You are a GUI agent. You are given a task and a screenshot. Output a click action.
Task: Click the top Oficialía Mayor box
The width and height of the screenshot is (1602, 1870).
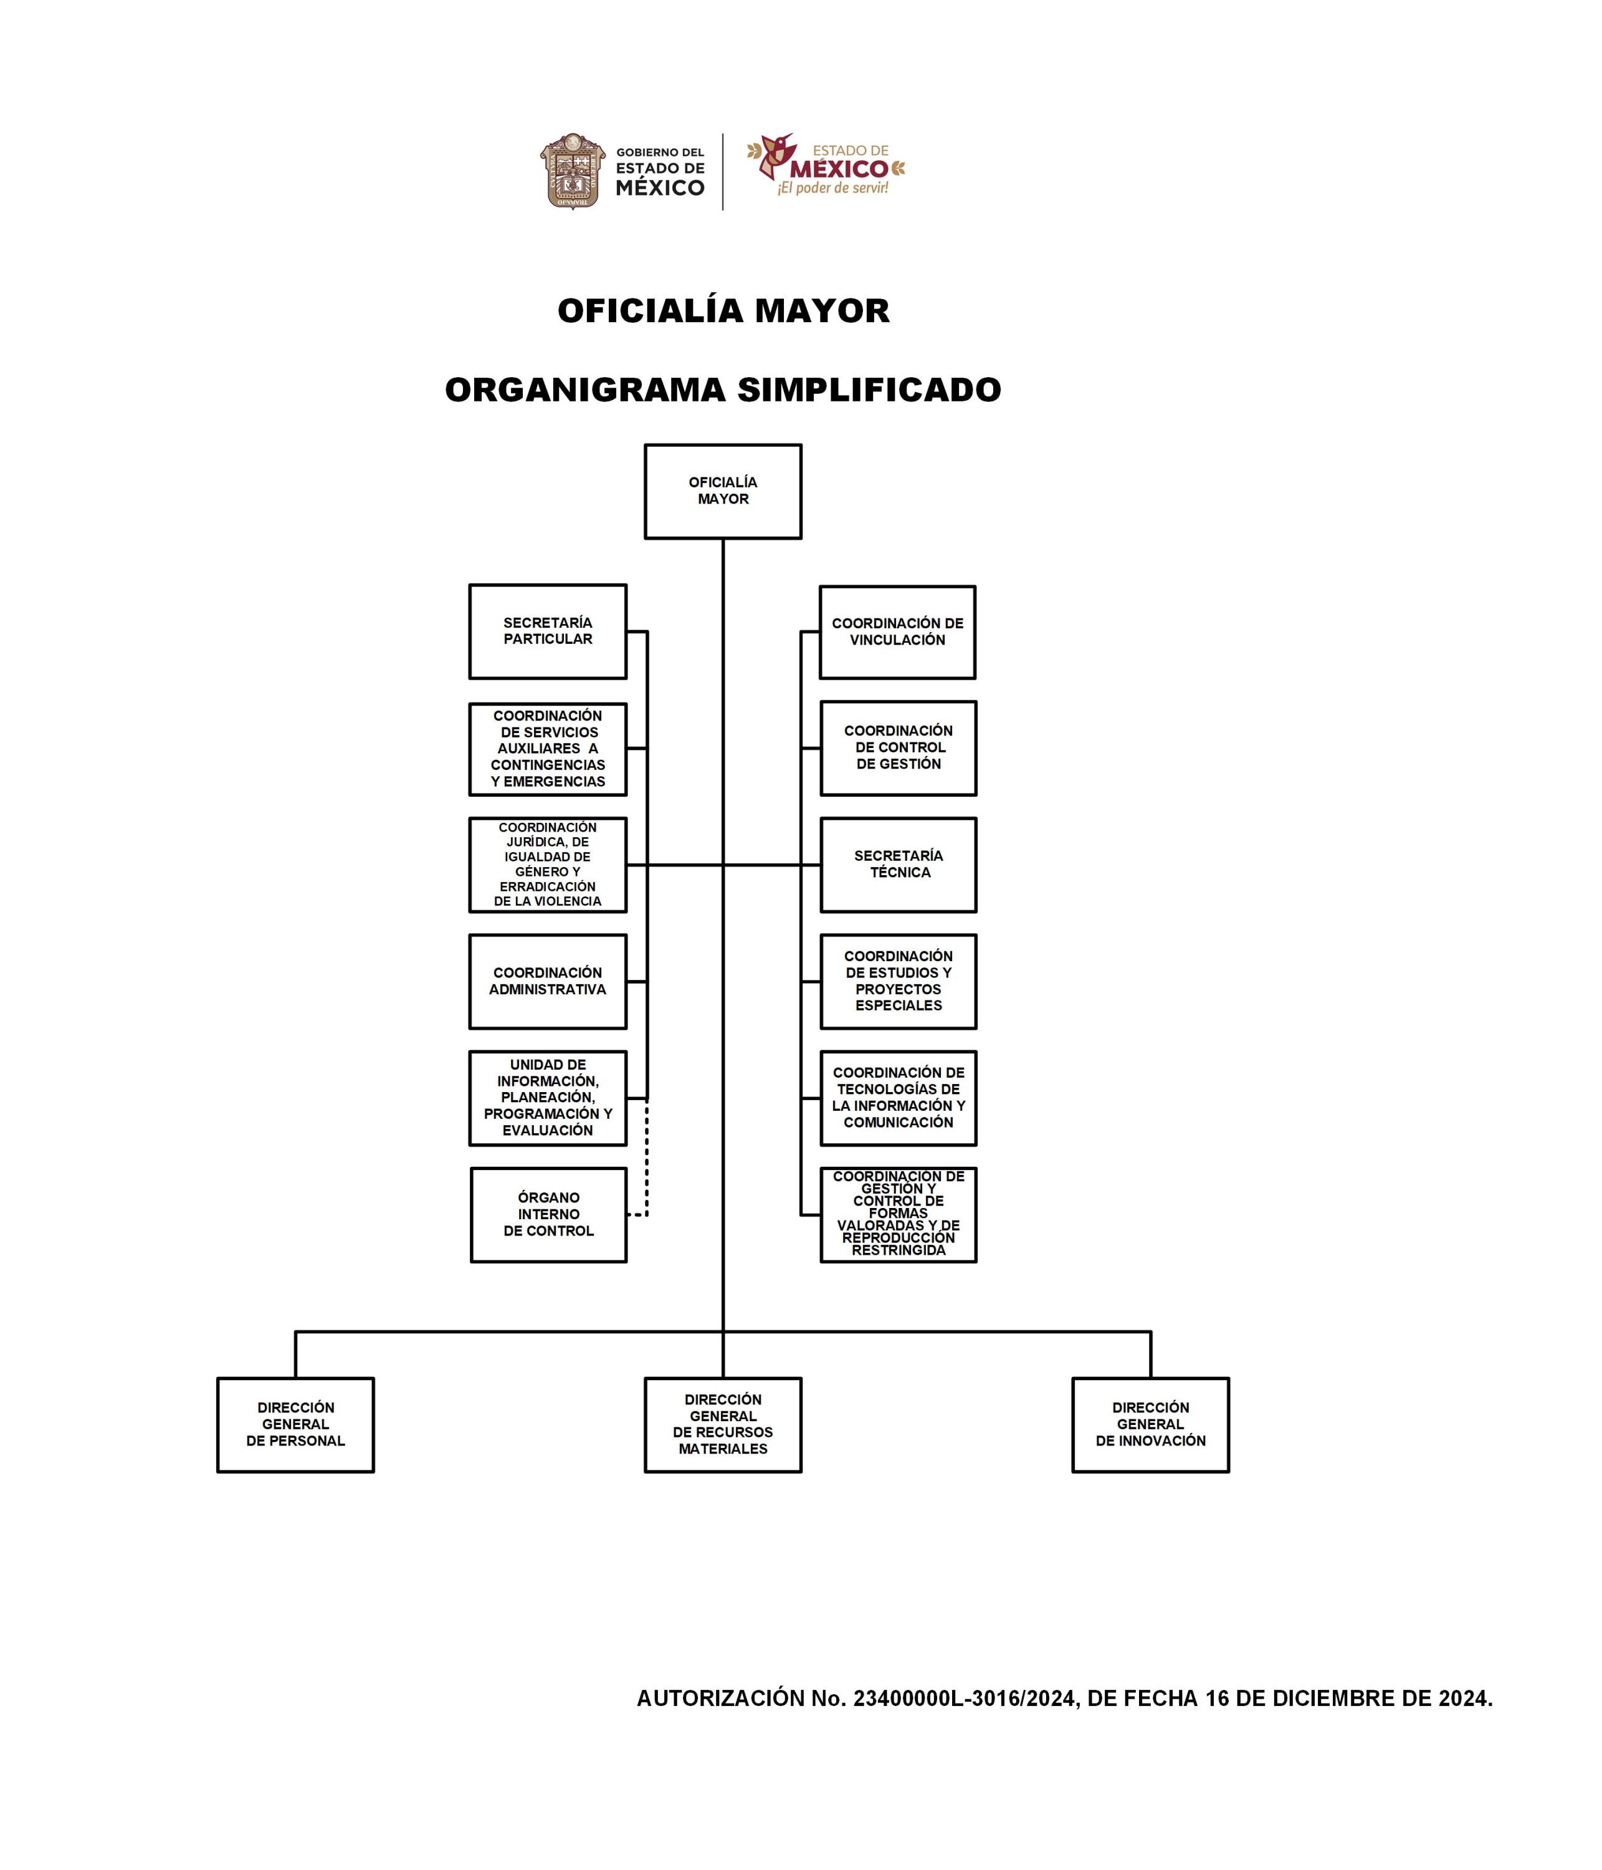point(723,491)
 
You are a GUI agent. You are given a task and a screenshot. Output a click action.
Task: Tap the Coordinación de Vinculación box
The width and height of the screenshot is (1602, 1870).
point(897,632)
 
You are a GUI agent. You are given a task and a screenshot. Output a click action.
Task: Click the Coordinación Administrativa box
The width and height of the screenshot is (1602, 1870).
point(548,981)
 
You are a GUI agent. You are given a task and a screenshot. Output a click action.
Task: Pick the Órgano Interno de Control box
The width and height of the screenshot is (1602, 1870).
point(548,1215)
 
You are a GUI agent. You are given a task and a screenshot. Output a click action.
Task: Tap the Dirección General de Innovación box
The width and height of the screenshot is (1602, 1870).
point(1150,1424)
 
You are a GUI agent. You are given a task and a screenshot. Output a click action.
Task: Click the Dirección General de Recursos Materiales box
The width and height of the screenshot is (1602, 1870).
point(723,1424)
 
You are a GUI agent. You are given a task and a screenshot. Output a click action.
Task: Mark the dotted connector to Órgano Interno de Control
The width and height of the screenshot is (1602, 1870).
point(647,1164)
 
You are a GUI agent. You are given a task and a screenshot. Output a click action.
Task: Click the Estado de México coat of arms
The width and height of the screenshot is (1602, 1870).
point(573,171)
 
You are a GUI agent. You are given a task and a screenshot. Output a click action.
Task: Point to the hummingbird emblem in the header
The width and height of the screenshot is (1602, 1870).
point(774,157)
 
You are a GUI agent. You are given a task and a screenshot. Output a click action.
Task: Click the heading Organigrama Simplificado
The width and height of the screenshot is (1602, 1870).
point(723,390)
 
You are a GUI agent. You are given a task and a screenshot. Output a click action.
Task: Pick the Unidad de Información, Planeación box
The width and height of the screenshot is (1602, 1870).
point(548,1098)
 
